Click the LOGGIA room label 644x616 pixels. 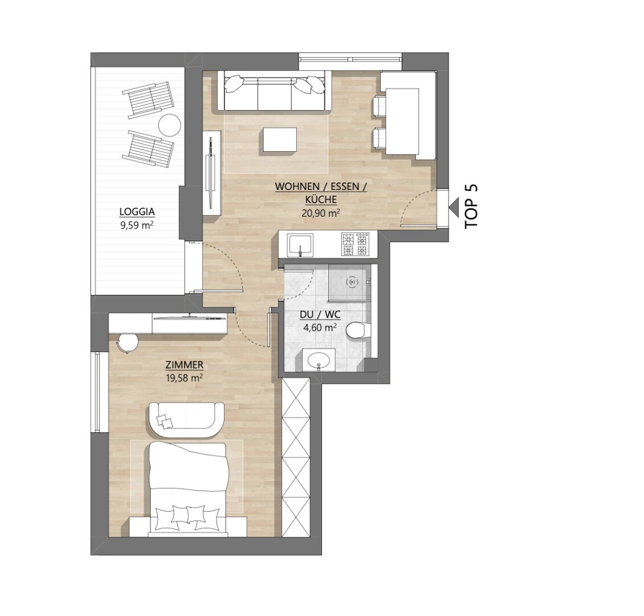tap(137, 212)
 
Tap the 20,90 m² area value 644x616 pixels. tap(320, 213)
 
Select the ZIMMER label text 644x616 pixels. tap(185, 365)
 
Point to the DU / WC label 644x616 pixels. tap(320, 315)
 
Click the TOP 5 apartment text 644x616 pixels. tap(471, 206)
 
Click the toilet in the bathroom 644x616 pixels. tap(358, 331)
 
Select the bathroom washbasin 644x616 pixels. tap(319, 360)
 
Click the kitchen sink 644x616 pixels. tap(300, 245)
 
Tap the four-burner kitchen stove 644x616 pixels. tap(355, 244)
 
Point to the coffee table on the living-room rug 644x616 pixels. tap(280, 139)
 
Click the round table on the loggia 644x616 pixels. tap(170, 125)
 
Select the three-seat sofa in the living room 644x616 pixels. tap(274, 91)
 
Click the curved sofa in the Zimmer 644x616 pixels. tap(186, 420)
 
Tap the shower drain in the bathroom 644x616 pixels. tap(352, 282)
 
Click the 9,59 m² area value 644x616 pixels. tap(137, 225)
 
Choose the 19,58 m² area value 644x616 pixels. tap(185, 378)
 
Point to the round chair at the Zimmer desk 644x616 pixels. tap(127, 343)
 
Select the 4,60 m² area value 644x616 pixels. tap(320, 327)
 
